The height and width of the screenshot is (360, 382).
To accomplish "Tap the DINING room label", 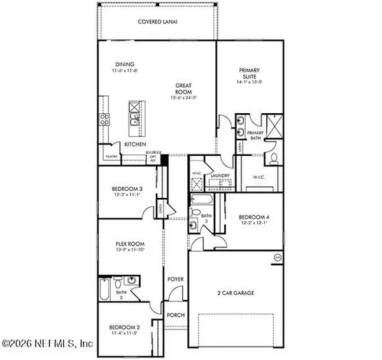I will [x=124, y=64].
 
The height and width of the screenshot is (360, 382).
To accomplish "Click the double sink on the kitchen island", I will [x=135, y=117].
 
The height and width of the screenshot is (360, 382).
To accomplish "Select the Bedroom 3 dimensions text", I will [x=125, y=194].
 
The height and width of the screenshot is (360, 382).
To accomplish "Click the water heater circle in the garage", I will [x=277, y=256].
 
